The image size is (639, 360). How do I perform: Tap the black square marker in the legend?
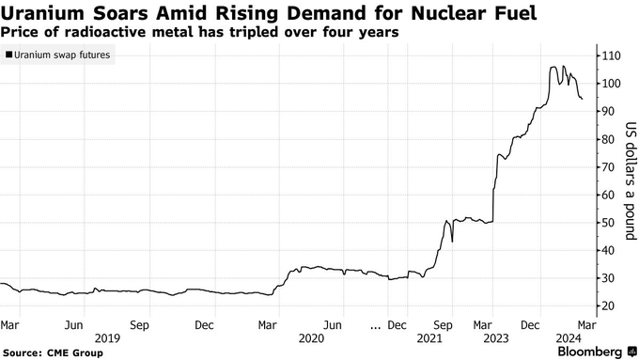pos(8,55)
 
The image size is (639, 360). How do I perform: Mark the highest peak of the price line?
pos(553,67)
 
